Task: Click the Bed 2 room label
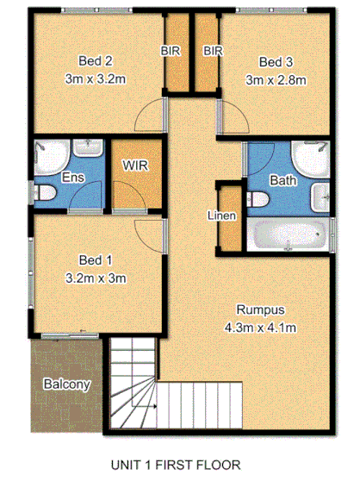(96, 61)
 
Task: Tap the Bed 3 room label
(276, 62)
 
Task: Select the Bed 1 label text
(96, 259)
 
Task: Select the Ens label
(72, 178)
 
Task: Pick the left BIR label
(171, 52)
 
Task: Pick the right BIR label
(213, 52)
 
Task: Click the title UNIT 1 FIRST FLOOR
(175, 465)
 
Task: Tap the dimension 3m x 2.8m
(276, 80)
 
